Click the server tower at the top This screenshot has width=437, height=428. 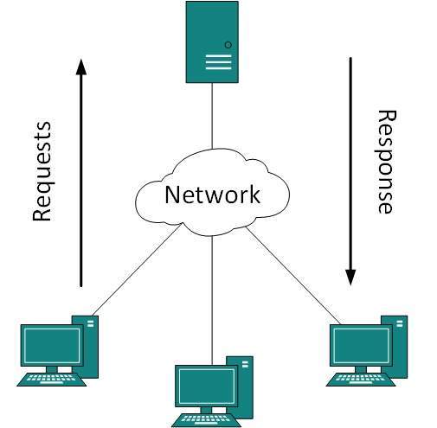pyautogui.click(x=212, y=42)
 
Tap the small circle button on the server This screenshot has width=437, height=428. pyautogui.click(x=228, y=44)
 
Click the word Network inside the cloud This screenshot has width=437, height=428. pyautogui.click(x=212, y=195)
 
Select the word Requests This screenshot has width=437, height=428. pyautogui.click(x=42, y=172)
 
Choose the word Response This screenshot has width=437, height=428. pyautogui.click(x=386, y=161)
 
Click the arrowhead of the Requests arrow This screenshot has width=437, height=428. pyautogui.click(x=80, y=67)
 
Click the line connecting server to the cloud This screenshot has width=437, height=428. pyautogui.click(x=212, y=117)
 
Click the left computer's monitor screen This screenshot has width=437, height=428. pyautogui.click(x=51, y=345)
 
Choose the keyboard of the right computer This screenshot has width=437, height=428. pyautogui.click(x=362, y=379)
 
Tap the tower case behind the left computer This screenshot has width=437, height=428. pyautogui.click(x=90, y=344)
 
